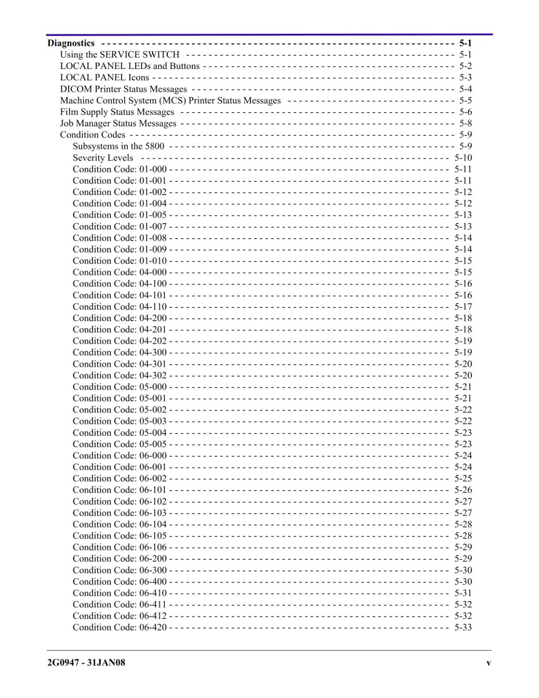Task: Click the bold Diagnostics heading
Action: point(71,43)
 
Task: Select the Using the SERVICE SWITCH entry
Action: point(119,55)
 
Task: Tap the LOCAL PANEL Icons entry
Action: point(104,78)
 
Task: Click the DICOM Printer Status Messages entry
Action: point(123,89)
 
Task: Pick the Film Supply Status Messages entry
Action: point(117,112)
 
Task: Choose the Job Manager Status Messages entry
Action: point(118,123)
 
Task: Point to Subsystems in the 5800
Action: point(118,146)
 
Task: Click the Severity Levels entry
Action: point(102,158)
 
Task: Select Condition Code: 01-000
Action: point(119,169)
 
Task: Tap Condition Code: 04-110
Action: point(119,307)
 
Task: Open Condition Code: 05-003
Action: point(119,421)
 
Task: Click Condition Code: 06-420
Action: point(119,627)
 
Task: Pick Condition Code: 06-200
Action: point(119,558)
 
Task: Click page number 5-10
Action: point(463,158)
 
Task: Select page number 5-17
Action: point(463,307)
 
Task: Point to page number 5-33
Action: point(463,627)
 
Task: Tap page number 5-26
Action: point(463,490)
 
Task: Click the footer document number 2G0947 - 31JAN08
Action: point(86,663)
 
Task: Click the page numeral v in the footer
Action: point(488,663)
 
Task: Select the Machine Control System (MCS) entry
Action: point(170,101)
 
